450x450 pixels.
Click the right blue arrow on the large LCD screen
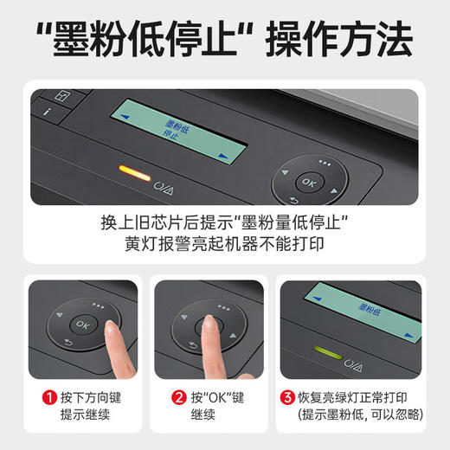click(225, 157)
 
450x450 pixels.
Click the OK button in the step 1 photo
click(80, 324)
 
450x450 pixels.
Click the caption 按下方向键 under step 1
click(93, 398)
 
